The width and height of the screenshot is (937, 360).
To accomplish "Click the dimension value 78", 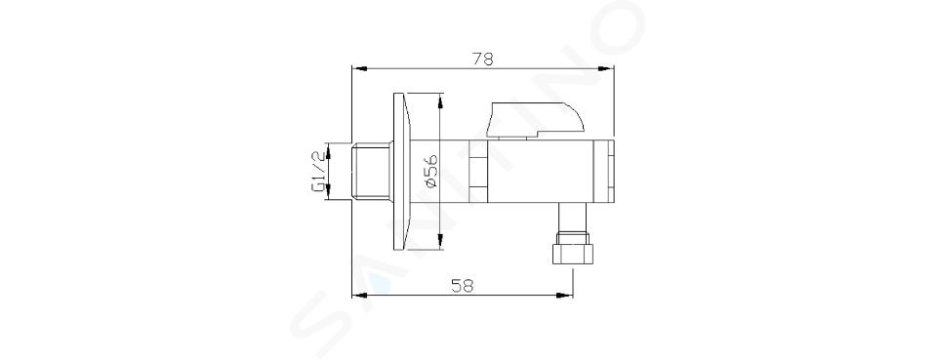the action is (x=483, y=60).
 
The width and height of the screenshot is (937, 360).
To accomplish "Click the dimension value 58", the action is (x=463, y=286).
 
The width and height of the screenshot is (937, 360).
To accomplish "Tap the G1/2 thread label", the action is (x=318, y=172).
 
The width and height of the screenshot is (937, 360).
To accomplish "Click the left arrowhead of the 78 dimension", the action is (x=359, y=68).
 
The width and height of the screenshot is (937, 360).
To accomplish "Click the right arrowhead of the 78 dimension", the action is (x=606, y=68).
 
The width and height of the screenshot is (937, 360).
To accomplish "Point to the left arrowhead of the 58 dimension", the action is (x=359, y=295).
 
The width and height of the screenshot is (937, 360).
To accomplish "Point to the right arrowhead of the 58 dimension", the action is (x=565, y=295).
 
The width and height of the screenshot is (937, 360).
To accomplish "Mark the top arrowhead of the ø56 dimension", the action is (x=440, y=100).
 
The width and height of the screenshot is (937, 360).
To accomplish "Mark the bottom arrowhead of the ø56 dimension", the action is (x=440, y=242).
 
